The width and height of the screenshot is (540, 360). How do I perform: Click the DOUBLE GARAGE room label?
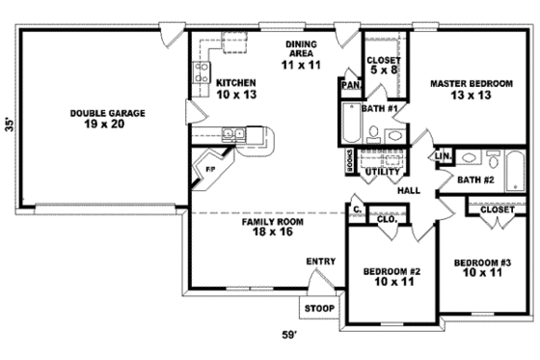[x=107, y=119]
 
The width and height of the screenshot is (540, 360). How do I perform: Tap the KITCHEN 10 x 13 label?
[x=235, y=88]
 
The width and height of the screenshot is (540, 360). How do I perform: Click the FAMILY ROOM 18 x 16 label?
[x=272, y=228]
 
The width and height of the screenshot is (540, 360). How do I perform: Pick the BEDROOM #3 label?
[x=482, y=268]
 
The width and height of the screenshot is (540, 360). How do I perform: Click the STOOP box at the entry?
[x=318, y=309]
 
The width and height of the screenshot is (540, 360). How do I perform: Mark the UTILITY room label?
[x=383, y=172]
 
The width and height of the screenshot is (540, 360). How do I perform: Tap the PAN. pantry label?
[x=349, y=85]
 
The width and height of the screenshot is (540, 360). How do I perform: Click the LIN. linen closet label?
[x=443, y=155]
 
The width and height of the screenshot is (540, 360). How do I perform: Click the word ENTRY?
[x=320, y=262]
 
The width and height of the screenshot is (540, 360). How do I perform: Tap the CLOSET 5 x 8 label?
[x=384, y=66]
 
